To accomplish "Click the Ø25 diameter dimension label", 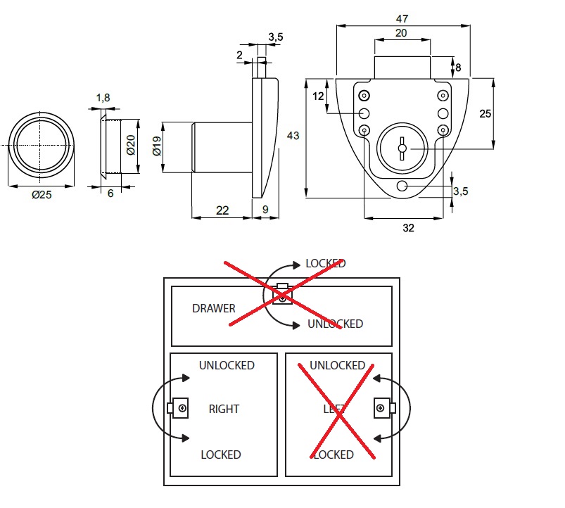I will (42, 195).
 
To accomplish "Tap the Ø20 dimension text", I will (130, 146).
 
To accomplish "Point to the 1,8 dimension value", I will (103, 99).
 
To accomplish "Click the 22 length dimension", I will (222, 210).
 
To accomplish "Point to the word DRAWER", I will (214, 308).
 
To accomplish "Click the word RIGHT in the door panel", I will (224, 409).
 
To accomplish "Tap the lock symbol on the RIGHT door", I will (179, 408).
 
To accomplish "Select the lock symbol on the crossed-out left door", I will (383, 408).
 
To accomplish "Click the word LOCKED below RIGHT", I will (221, 455).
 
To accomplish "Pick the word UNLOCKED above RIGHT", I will (227, 365).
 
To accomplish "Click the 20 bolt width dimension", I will (401, 33).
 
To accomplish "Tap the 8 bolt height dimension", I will (458, 68).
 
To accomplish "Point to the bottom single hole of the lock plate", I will (402, 186).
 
